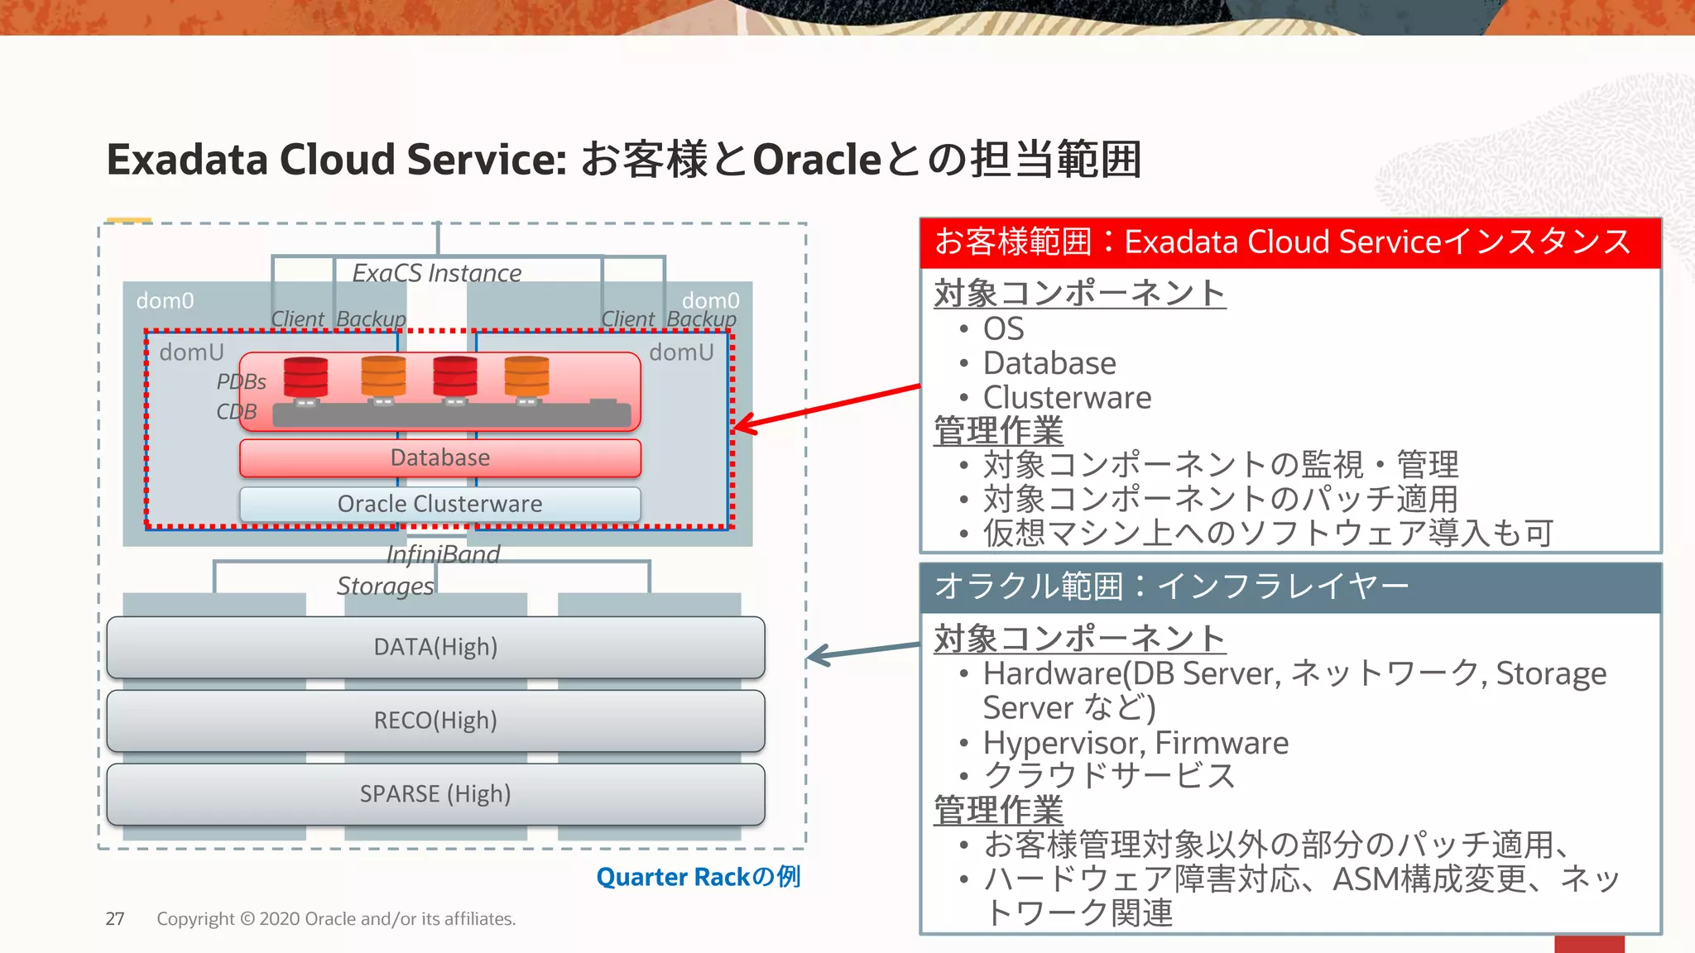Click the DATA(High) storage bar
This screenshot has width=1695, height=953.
435,647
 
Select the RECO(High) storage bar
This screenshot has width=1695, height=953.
435,721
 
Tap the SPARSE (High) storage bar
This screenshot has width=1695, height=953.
435,794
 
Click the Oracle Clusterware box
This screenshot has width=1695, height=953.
439,504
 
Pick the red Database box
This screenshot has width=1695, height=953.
439,457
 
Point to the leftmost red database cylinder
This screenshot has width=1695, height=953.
305,378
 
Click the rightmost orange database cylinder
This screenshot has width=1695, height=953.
526,378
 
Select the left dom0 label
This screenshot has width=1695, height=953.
165,300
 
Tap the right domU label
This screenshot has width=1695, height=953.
681,352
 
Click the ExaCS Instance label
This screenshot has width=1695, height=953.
437,273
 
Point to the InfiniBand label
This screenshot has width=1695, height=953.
444,554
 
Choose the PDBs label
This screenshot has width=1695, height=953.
241,381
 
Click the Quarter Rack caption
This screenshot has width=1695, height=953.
698,877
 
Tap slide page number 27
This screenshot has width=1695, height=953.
115,919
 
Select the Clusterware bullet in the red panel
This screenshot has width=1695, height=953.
1066,398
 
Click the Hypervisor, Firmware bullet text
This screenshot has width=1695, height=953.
1135,743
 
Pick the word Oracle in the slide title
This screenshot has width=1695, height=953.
817,160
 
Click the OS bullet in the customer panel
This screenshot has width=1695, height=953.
1002,329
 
